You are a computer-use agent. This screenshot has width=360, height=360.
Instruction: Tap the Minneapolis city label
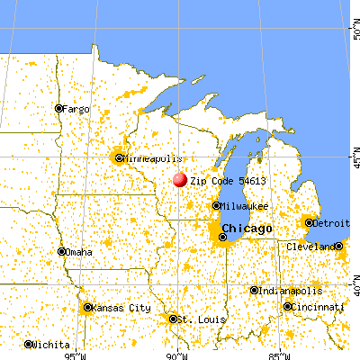pos(146,157)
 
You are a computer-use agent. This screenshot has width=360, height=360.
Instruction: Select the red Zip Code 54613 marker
pos(179,180)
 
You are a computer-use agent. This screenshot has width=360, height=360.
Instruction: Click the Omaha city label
pos(78,251)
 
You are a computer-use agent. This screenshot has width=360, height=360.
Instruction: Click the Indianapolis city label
pos(285,290)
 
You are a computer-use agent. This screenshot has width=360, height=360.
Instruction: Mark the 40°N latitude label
pos(354,289)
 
